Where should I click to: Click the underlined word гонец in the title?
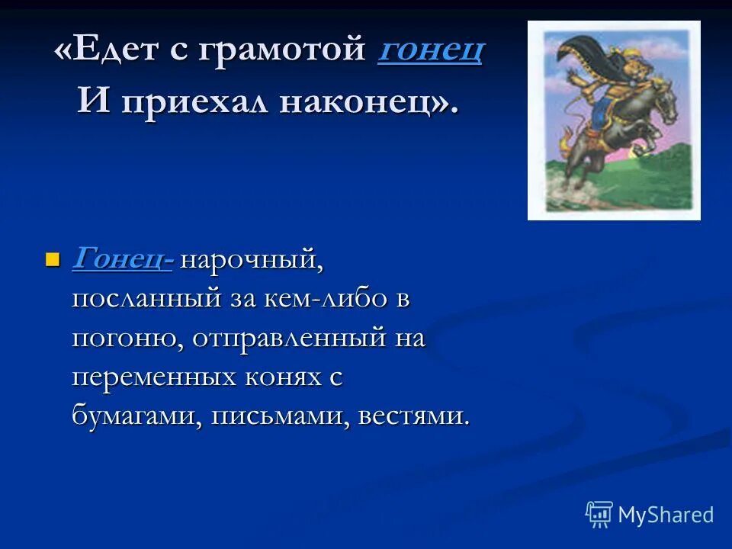(430, 51)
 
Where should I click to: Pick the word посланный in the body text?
(146, 298)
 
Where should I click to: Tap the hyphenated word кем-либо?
(329, 298)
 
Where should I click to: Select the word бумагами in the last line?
(136, 417)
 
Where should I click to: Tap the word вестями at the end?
(413, 417)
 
